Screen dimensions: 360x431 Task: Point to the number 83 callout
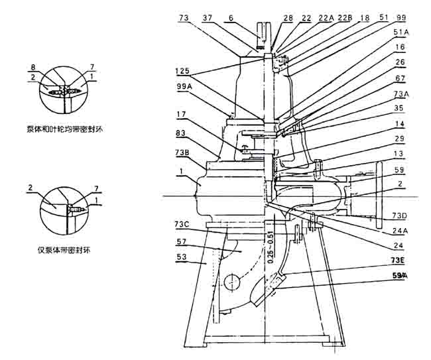(x=181, y=134)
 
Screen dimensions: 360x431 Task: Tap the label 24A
(x=399, y=231)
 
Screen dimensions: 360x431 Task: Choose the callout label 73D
(x=399, y=215)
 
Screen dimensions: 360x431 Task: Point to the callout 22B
(x=345, y=18)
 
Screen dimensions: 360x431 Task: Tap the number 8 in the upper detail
(x=32, y=67)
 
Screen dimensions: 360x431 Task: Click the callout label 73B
(x=183, y=152)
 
